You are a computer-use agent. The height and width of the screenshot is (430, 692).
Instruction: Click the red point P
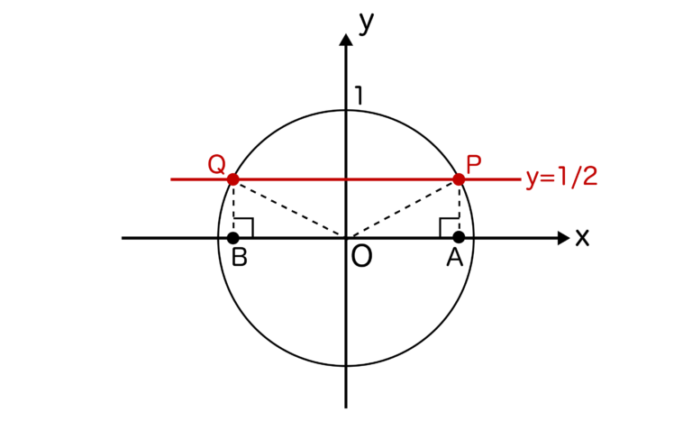459,179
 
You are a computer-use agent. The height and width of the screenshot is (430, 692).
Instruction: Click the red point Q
233,179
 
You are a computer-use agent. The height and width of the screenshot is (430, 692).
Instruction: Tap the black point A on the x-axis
459,237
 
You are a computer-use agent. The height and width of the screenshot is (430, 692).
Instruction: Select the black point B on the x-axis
233,238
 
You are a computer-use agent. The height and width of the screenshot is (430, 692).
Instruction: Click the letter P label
474,165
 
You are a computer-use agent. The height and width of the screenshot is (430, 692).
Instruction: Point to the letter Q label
216,165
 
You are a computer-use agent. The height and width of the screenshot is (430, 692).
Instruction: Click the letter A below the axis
454,257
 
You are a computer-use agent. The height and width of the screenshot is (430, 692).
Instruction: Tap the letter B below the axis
240,257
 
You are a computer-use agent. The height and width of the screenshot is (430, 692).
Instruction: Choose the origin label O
361,257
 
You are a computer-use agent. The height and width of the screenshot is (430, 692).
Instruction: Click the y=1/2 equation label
562,178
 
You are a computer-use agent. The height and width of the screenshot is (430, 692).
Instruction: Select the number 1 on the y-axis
360,96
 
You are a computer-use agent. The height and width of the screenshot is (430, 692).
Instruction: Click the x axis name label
582,238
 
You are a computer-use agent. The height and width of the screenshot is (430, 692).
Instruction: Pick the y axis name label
367,23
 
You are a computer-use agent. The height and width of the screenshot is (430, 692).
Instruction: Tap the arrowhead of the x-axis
563,238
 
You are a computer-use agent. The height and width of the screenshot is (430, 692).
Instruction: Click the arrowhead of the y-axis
346,40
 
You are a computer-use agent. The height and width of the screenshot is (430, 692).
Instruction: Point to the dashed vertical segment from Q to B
233,208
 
